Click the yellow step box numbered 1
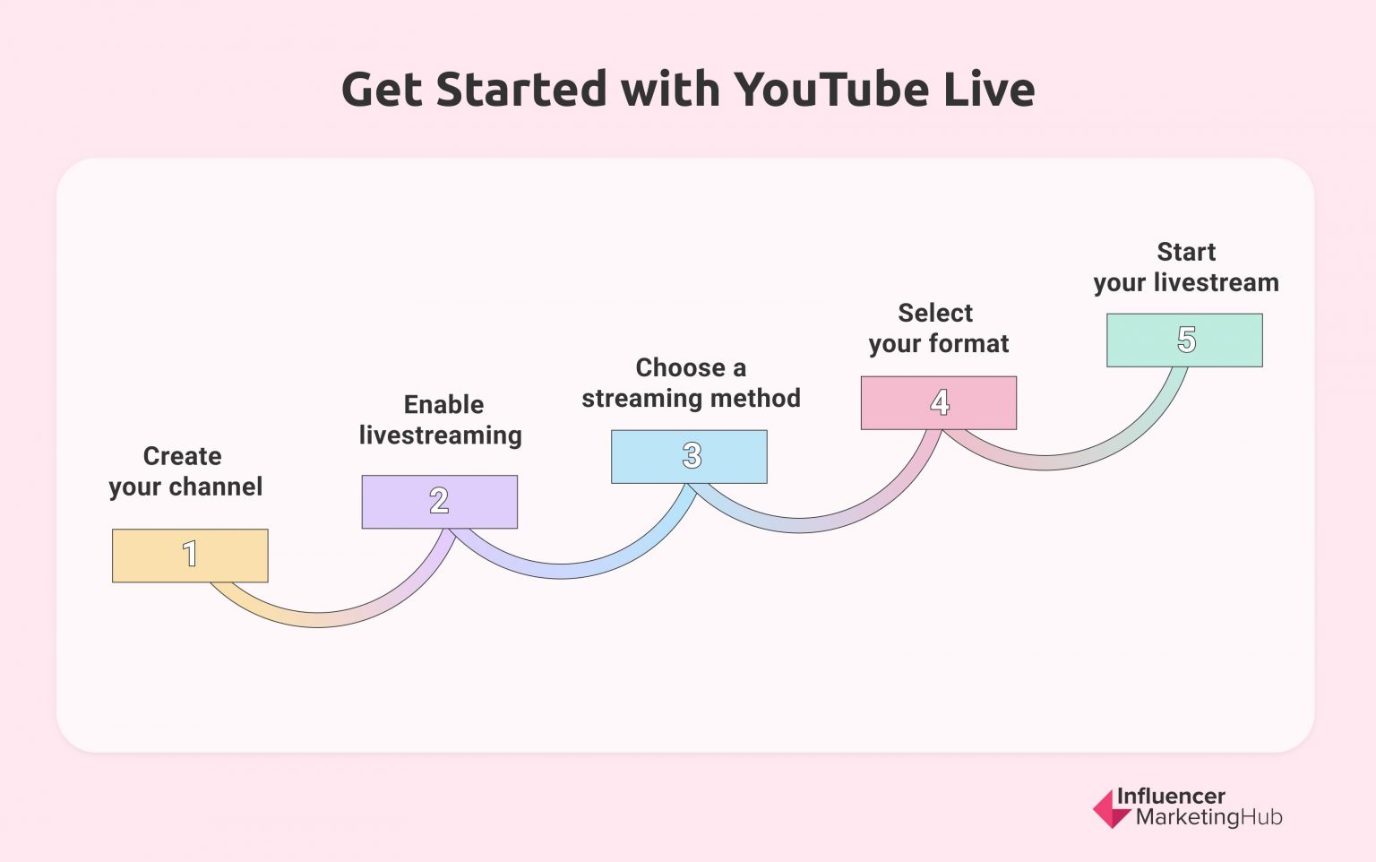point(190,556)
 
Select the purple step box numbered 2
point(439,502)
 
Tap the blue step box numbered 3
point(689,456)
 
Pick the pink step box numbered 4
point(938,402)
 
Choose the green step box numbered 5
point(1184,340)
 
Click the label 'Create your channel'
point(185,471)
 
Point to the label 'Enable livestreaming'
point(441,419)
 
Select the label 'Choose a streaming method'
point(691,383)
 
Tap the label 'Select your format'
point(938,328)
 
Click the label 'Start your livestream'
point(1185,267)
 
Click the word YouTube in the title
point(831,90)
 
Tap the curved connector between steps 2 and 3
point(561,570)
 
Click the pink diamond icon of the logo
point(1111,808)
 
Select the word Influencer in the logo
point(1170,796)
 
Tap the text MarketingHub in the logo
point(1208,817)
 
